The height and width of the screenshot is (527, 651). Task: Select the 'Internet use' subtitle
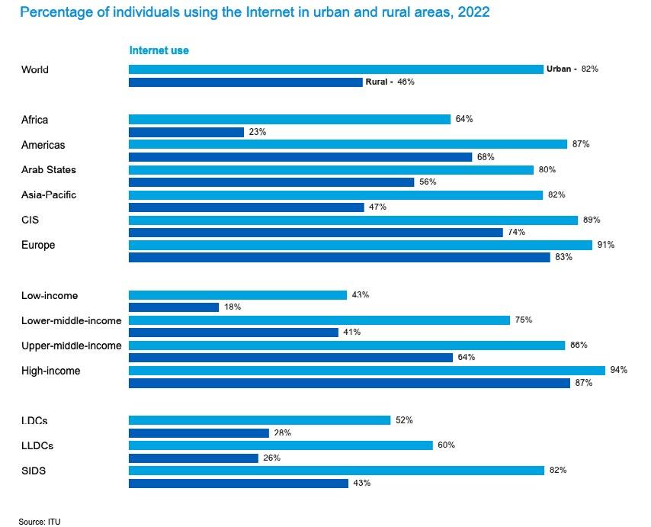159,50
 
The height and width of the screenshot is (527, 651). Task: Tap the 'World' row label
35,69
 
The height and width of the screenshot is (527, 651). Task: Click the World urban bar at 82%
335,69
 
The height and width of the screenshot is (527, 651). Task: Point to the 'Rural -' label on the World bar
379,82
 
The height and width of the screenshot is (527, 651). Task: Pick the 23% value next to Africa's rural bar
257,132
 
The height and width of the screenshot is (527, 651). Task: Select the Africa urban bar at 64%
290,119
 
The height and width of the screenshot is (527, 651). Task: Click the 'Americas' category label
43,145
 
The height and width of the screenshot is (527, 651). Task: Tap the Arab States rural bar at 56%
271,182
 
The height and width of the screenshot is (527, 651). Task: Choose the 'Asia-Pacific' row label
49,195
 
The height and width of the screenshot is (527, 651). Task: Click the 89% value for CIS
592,220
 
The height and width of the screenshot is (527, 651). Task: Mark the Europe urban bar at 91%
361,245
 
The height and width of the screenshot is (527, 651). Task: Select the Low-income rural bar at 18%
174,307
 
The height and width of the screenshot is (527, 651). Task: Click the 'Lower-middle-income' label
72,320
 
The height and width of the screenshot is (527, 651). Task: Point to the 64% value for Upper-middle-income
467,358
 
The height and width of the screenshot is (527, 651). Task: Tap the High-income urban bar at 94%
367,371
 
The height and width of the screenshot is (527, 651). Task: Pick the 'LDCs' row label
37,420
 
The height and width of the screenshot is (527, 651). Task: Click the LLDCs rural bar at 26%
194,458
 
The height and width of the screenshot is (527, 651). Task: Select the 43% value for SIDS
362,484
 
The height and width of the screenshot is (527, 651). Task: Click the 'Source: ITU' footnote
40,522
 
